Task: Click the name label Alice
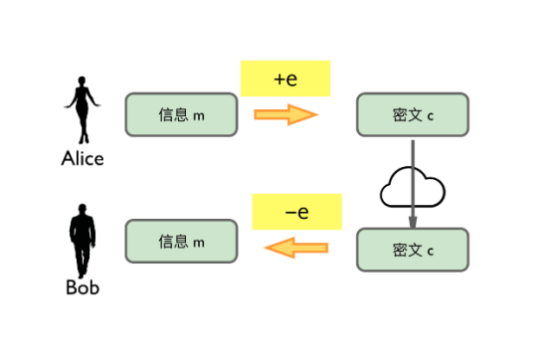pos(83,159)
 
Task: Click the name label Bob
pos(83,288)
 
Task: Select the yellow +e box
pos(284,79)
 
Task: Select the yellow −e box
pos(296,212)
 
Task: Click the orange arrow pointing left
pos(296,246)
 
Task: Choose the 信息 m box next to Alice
pos(181,114)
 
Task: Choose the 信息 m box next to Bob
pos(181,242)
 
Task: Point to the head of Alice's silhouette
pos(83,84)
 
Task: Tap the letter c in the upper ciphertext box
pos(431,116)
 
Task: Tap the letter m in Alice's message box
pos(199,115)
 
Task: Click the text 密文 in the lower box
pos(406,249)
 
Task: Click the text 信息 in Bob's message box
pos(173,242)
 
